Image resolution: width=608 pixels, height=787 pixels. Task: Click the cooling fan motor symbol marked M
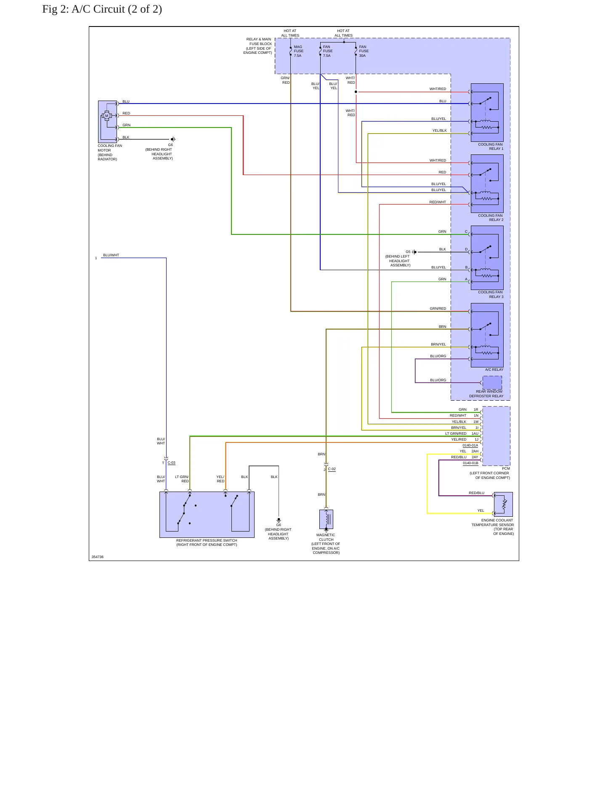click(107, 116)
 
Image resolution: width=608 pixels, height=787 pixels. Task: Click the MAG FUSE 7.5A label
click(298, 51)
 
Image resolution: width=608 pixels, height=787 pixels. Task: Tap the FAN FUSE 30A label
click(364, 51)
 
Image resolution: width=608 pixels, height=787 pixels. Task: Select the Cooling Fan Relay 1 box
click(487, 112)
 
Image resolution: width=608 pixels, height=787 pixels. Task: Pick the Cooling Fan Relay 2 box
click(487, 183)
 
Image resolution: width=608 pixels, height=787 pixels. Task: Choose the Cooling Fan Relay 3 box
click(487, 258)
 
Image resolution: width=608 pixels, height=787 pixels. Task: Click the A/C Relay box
click(487, 335)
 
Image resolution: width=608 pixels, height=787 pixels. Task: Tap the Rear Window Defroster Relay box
click(492, 383)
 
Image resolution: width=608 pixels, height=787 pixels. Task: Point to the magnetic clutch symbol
click(326, 519)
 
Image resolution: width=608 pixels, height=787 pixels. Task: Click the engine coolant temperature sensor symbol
click(503, 504)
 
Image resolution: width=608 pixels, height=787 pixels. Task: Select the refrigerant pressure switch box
click(207, 514)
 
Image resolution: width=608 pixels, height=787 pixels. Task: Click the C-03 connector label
click(172, 463)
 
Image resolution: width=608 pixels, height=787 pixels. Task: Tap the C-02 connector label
click(332, 469)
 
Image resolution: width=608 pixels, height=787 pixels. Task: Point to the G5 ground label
click(408, 252)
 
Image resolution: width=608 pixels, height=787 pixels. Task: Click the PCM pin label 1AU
click(475, 433)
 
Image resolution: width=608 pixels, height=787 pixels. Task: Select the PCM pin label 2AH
click(475, 451)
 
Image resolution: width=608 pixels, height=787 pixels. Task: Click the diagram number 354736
click(98, 557)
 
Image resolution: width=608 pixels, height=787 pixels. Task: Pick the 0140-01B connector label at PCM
click(470, 463)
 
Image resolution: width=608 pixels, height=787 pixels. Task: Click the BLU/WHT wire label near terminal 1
click(111, 255)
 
